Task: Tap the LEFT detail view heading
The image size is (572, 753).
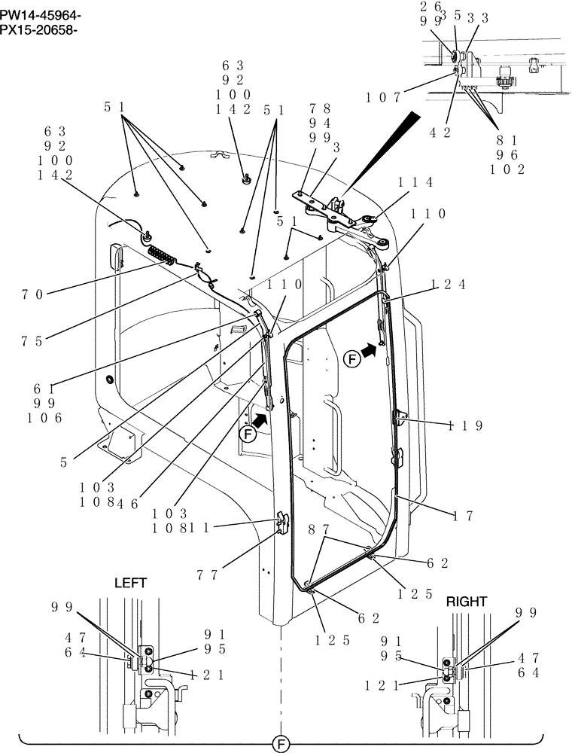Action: pyautogui.click(x=130, y=583)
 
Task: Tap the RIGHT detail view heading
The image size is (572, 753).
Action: pyautogui.click(x=467, y=602)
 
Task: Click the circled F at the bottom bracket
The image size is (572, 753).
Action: pyautogui.click(x=278, y=744)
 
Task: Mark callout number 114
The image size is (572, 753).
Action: pyautogui.click(x=415, y=182)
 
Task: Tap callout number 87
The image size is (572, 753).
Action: pyautogui.click(x=318, y=529)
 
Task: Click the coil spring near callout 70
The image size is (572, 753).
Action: pyautogui.click(x=162, y=255)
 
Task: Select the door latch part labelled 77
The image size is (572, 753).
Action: pyautogui.click(x=282, y=522)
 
